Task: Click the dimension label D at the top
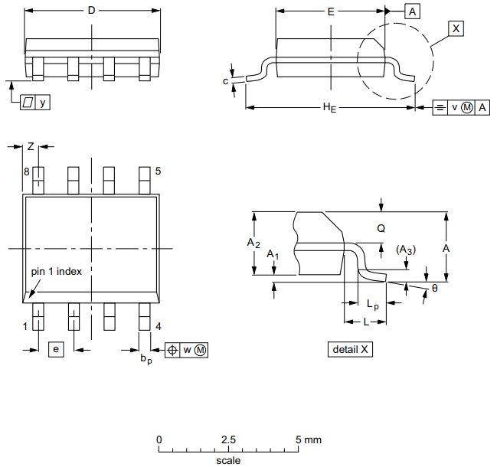92,11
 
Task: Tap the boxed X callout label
456,28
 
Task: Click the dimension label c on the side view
226,80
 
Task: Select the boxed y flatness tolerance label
35,102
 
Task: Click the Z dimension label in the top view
31,145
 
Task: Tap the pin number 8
26,172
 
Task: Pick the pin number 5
158,171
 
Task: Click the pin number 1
25,326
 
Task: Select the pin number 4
158,326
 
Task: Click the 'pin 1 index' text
56,271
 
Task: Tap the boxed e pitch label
55,349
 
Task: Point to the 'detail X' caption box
351,349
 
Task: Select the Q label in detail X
381,228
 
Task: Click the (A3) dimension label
406,250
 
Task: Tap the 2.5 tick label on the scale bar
228,440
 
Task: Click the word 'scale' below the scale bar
228,460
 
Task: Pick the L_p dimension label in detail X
372,304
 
